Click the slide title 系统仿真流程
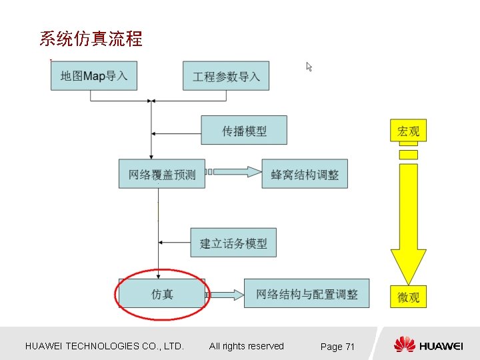[91, 39]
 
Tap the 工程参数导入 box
[226, 76]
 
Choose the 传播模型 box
[244, 131]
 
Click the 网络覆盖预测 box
[162, 174]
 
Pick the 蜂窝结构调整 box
[305, 174]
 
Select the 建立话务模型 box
[233, 243]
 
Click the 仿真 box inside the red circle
[162, 294]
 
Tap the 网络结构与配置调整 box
[307, 294]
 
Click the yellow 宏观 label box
[408, 131]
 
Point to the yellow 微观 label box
[408, 297]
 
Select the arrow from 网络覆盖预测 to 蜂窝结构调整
[234, 172]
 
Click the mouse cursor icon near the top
[309, 67]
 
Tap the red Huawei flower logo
[404, 345]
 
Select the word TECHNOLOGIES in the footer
[101, 346]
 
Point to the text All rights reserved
[246, 346]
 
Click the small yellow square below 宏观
[408, 155]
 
